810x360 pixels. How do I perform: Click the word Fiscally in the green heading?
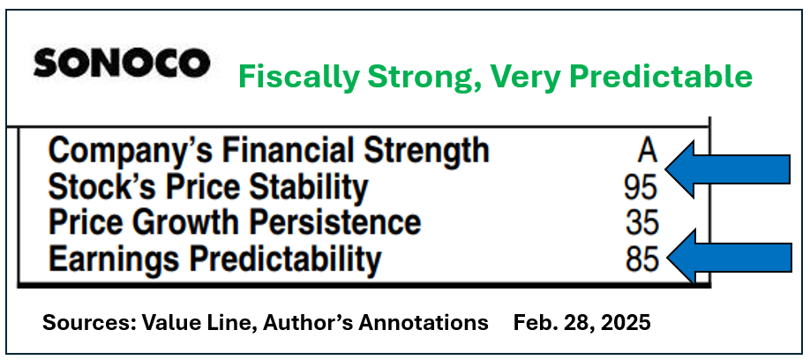297,78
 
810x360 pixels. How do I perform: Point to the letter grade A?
647,152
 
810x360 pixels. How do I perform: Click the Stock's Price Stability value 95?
641,188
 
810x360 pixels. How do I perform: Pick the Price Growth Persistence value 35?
642,223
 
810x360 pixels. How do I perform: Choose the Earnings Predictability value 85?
642,259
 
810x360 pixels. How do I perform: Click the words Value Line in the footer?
199,323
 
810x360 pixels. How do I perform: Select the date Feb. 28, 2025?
581,323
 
